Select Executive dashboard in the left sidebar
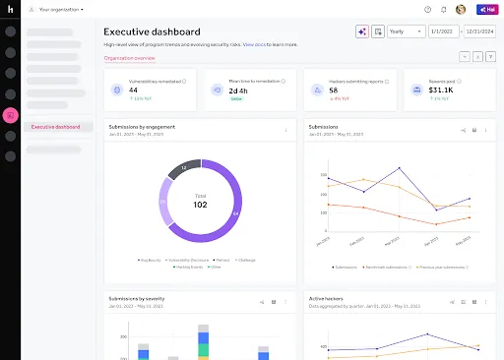56,126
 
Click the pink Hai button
487,9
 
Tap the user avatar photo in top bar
461,9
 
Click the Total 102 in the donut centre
200,202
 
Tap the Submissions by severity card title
138,298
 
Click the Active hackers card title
327,298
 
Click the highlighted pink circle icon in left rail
11,115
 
